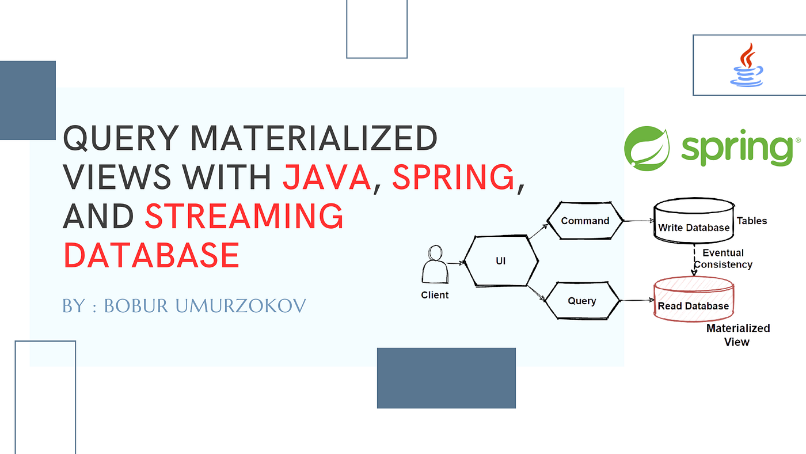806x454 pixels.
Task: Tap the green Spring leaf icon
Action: click(x=647, y=148)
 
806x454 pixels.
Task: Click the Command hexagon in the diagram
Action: click(x=585, y=221)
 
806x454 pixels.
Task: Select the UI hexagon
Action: click(x=501, y=261)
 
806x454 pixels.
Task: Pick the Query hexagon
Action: click(x=582, y=301)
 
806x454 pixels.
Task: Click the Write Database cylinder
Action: click(x=694, y=220)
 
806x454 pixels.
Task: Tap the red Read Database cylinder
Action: click(x=694, y=299)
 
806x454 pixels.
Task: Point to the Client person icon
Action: click(x=435, y=264)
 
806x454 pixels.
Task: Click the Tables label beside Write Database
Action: click(x=752, y=221)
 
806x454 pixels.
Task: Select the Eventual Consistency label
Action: click(x=723, y=259)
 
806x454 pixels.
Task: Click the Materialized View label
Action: click(x=737, y=335)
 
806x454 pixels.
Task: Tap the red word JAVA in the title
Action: click(x=327, y=177)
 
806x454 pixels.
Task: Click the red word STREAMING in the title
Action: click(x=244, y=216)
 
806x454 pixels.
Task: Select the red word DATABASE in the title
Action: click(x=151, y=255)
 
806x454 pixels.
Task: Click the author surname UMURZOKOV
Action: click(x=241, y=306)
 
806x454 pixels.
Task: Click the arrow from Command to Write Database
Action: click(x=638, y=221)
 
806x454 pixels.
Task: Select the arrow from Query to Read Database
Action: click(x=637, y=300)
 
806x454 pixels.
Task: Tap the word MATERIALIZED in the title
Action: click(x=313, y=138)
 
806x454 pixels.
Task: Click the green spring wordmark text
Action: click(x=737, y=147)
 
